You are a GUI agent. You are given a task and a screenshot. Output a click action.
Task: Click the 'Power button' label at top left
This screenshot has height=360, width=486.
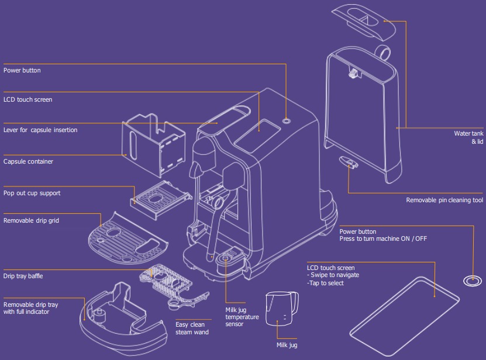click(x=22, y=71)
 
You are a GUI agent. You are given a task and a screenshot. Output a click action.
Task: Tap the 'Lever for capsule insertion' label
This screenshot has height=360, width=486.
click(x=40, y=130)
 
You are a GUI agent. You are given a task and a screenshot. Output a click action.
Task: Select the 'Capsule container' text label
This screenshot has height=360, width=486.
click(x=28, y=162)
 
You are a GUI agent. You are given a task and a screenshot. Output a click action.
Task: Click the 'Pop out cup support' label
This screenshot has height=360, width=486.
click(x=32, y=193)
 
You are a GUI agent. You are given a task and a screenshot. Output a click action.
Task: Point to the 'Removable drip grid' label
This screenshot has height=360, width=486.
click(x=31, y=221)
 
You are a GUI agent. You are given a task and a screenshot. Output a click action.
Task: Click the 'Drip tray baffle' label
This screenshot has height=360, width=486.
click(x=23, y=276)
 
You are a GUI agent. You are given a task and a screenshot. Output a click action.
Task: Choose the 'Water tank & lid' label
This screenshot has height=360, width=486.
click(x=468, y=137)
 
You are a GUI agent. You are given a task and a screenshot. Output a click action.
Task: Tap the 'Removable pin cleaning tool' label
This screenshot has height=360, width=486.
click(x=444, y=200)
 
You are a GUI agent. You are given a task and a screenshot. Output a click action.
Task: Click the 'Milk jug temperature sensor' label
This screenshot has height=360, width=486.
click(x=242, y=317)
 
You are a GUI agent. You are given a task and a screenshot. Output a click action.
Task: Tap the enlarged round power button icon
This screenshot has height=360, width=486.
click(x=470, y=282)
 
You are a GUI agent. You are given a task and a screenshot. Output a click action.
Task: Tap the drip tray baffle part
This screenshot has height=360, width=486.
click(x=166, y=284)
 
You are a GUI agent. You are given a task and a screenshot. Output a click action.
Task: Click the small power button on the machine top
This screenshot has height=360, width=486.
click(x=287, y=120)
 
